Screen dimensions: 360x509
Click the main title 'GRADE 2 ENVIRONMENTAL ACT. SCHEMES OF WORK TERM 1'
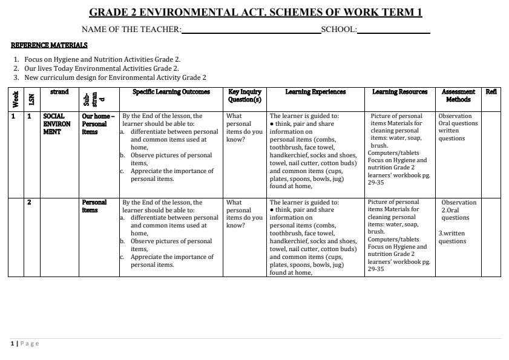(255, 12)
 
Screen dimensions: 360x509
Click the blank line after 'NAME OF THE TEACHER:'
(251, 30)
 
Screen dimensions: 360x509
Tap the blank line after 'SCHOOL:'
(393, 30)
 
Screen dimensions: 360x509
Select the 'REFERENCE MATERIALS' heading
(49, 45)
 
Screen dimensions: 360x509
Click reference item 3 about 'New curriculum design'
(115, 77)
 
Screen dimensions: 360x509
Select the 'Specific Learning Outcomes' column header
(171, 92)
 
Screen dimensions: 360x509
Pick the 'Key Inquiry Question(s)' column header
(245, 96)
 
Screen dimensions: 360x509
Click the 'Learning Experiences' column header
(315, 92)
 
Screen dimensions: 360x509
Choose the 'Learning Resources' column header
(399, 92)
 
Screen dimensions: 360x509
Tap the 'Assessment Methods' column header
(458, 96)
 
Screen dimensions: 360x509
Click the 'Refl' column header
(491, 92)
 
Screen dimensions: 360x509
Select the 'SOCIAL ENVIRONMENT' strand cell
(56, 123)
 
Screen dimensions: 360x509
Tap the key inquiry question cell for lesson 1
(244, 127)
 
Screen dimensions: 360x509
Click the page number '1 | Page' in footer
(24, 344)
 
